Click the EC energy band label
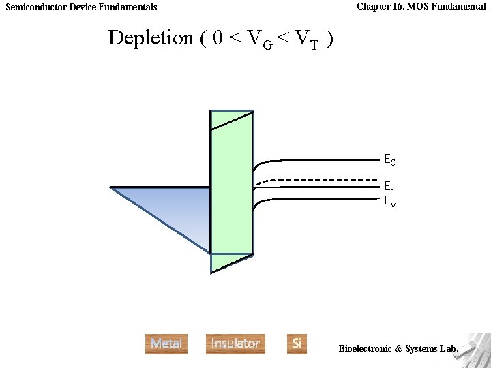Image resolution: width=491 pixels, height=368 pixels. tap(389, 161)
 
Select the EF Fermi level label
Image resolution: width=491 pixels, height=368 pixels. tap(389, 187)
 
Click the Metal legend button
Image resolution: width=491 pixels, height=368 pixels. tap(166, 343)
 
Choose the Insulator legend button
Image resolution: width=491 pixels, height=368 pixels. tap(235, 343)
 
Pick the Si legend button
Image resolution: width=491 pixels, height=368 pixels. tap(297, 343)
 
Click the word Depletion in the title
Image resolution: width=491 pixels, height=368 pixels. tap(151, 38)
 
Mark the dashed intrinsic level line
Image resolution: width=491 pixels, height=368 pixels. tap(321, 179)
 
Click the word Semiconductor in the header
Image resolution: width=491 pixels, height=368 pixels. tap(37, 7)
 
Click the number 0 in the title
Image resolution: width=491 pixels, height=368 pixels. tap(218, 38)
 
